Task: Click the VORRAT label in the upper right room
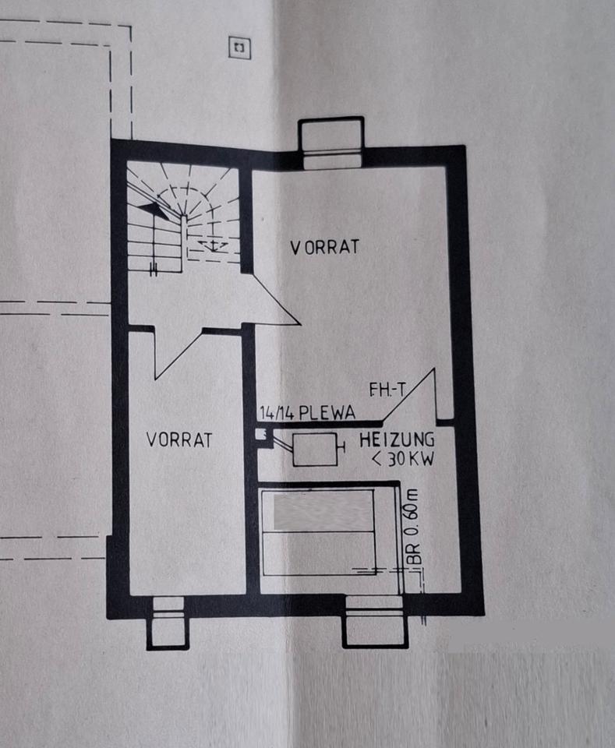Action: [325, 247]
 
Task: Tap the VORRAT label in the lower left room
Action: [179, 439]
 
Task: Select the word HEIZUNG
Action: [397, 439]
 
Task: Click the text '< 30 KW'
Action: [402, 458]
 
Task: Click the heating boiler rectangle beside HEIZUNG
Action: [315, 450]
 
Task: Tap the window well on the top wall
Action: [331, 143]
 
